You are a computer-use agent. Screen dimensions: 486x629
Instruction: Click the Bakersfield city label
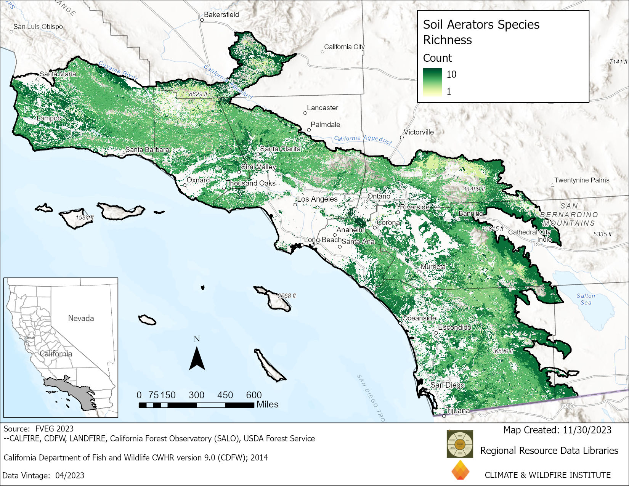point(221,14)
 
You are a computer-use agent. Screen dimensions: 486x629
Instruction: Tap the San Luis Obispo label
point(38,27)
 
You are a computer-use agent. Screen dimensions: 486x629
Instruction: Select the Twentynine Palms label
point(581,180)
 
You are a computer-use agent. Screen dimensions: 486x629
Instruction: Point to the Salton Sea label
point(586,299)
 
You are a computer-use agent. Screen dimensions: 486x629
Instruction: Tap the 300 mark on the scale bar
point(196,395)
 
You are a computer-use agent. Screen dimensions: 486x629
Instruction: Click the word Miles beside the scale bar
point(267,404)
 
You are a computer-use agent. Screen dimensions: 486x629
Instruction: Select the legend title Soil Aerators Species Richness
point(481,32)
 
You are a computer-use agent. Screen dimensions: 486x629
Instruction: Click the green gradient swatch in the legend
point(432,82)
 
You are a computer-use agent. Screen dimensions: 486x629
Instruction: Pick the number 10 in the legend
point(451,74)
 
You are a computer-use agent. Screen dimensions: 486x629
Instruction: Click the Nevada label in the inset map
point(81,318)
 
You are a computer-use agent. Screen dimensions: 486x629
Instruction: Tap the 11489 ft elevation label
point(474,189)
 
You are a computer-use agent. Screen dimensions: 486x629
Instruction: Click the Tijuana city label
point(458,411)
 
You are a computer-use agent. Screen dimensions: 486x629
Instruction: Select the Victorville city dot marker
point(402,137)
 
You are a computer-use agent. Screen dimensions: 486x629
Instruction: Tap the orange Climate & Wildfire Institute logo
point(461,470)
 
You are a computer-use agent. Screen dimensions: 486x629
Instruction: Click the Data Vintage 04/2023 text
point(43,475)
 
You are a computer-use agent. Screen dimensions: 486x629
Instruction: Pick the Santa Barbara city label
point(147,149)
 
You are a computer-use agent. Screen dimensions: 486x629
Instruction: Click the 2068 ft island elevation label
point(286,296)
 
